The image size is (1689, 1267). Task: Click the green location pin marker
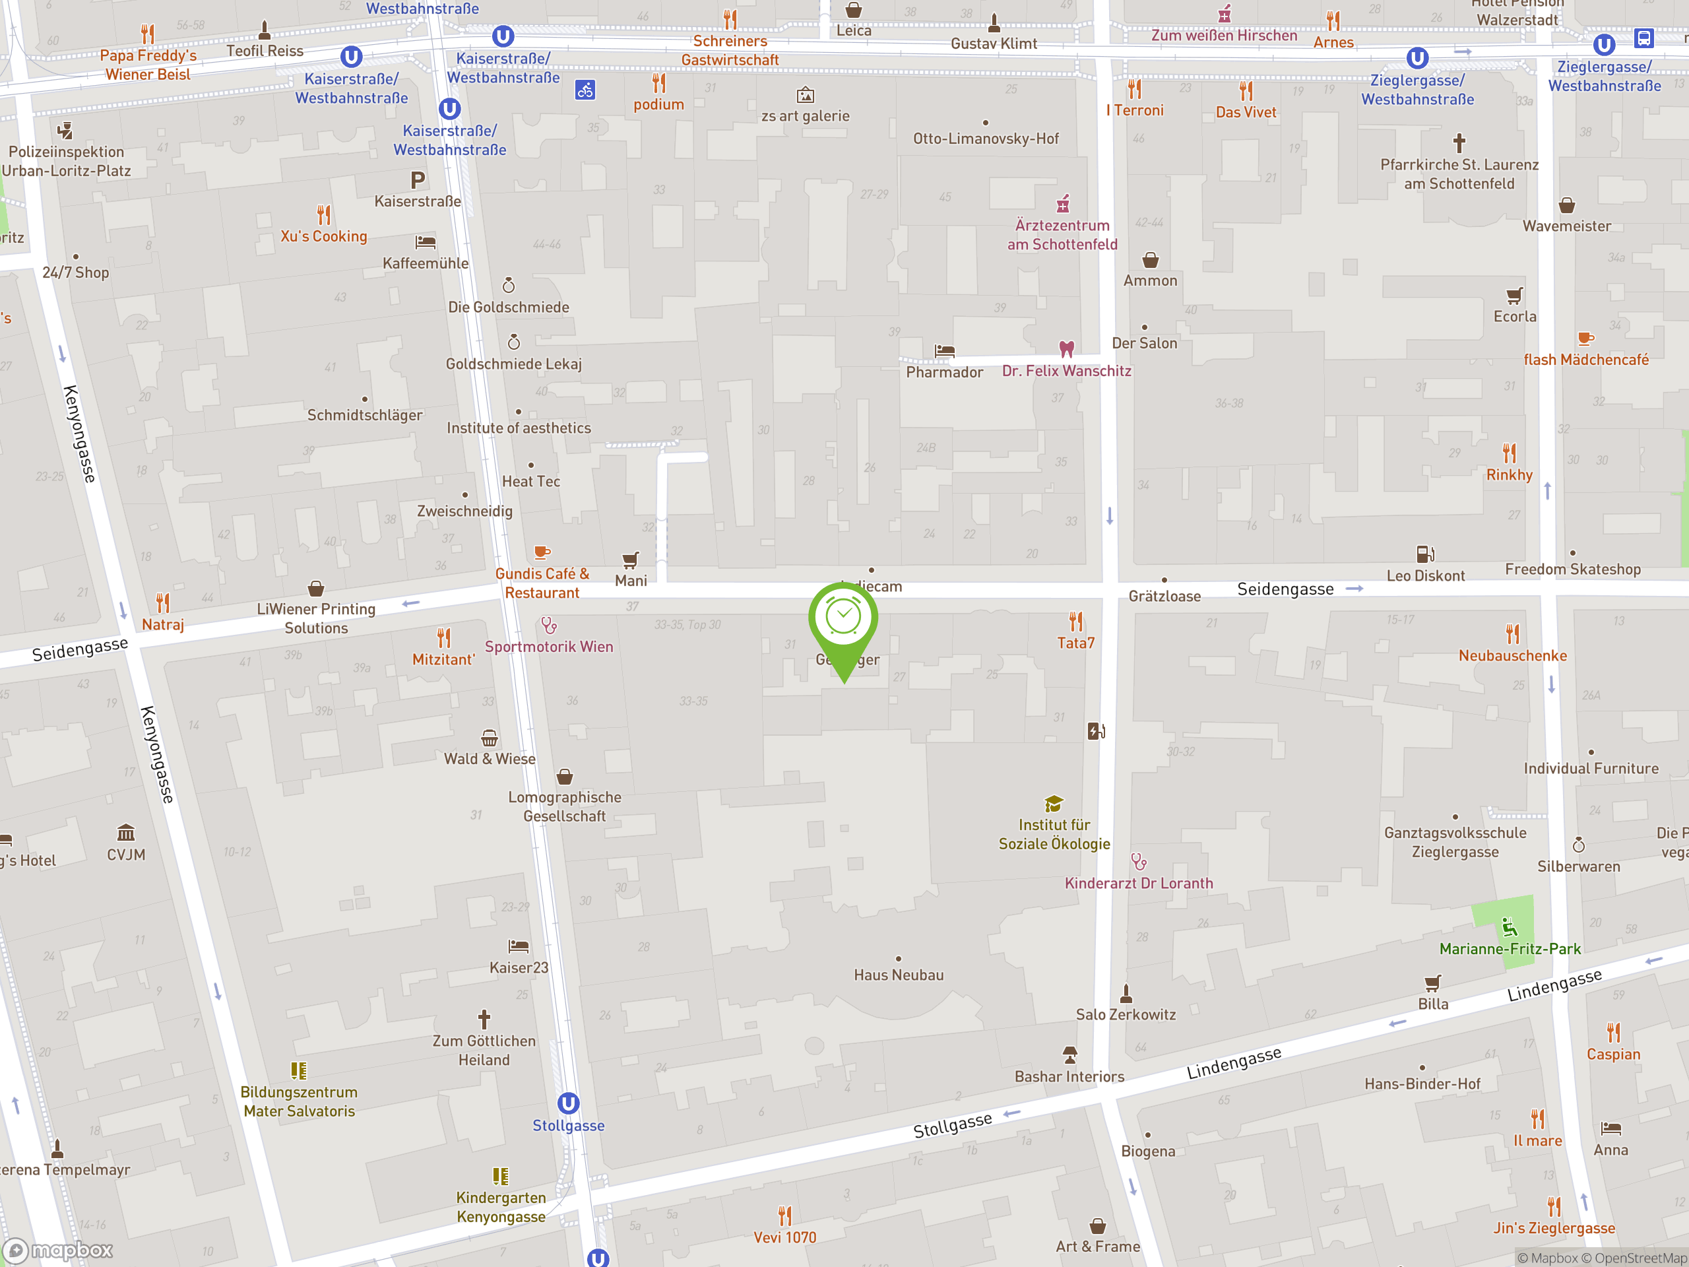pyautogui.click(x=843, y=618)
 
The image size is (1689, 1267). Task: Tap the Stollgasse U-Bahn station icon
pyautogui.click(x=568, y=1103)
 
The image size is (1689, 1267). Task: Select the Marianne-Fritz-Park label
pyautogui.click(x=1510, y=948)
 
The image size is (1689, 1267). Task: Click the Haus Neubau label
pyautogui.click(x=898, y=975)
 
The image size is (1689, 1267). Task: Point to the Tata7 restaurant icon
pyautogui.click(x=1076, y=621)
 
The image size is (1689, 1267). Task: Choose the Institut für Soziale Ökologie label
pyautogui.click(x=1054, y=834)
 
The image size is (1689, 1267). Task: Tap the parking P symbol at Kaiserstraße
pyautogui.click(x=417, y=180)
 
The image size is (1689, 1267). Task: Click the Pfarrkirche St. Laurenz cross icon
pyautogui.click(x=1459, y=143)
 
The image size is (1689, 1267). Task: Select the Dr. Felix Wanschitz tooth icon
pyautogui.click(x=1067, y=349)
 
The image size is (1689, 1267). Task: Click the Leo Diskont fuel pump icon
pyautogui.click(x=1425, y=554)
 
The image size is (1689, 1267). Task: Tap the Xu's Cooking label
pyautogui.click(x=324, y=236)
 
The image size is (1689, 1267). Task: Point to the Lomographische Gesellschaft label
pyautogui.click(x=564, y=806)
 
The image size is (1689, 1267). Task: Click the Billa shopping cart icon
pyautogui.click(x=1432, y=983)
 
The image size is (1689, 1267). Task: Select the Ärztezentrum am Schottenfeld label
pyautogui.click(x=1062, y=234)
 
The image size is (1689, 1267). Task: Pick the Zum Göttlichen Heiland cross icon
pyautogui.click(x=484, y=1019)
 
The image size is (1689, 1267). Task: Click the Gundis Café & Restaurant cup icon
pyautogui.click(x=542, y=552)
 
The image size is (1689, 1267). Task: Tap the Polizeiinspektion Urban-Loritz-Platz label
pyautogui.click(x=67, y=161)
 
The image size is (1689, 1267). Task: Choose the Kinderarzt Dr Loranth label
pyautogui.click(x=1139, y=883)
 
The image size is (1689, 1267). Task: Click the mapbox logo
pyautogui.click(x=59, y=1251)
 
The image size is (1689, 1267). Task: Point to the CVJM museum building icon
pyautogui.click(x=126, y=832)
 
